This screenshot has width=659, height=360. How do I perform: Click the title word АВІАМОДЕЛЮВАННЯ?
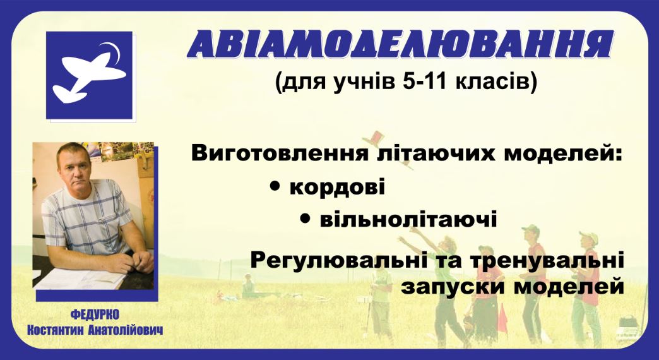(x=401, y=44)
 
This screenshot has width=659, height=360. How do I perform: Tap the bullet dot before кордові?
(x=276, y=186)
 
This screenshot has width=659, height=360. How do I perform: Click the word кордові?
(x=337, y=187)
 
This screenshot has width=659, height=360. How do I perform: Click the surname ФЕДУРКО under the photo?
(x=95, y=315)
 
